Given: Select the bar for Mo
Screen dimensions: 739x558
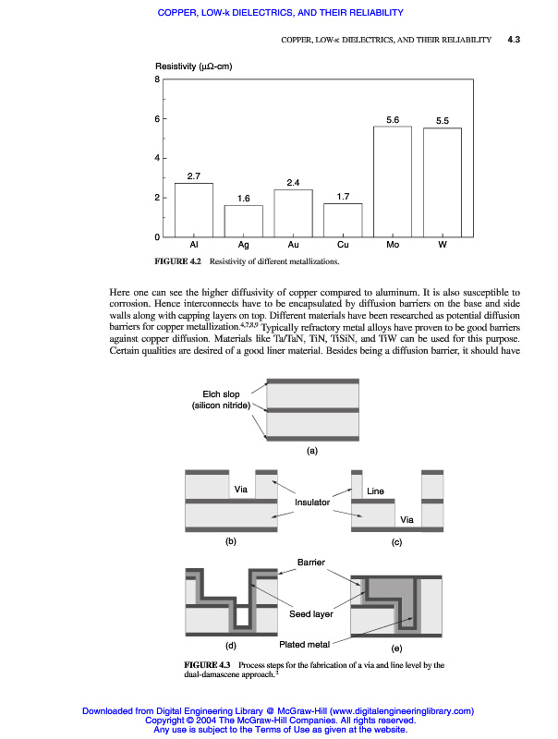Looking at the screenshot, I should tap(392, 181).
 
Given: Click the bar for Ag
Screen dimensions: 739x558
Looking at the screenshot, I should tap(243, 221).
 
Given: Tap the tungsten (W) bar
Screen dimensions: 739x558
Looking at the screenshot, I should tap(442, 182).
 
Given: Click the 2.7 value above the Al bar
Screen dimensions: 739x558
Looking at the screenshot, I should tap(194, 176).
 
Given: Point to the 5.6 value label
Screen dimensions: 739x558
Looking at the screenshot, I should tap(392, 119).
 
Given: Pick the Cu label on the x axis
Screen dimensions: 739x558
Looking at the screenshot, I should tap(343, 246).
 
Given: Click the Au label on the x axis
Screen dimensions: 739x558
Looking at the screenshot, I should tap(293, 246).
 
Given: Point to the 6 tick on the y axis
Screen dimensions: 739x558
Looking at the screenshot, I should tap(158, 119).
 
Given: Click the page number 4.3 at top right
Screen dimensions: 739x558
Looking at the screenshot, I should tap(515, 40).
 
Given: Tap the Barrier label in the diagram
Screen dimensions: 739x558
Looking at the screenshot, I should tap(310, 563).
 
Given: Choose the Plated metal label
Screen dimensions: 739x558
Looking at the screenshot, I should tap(305, 644).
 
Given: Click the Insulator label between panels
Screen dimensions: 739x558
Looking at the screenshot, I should tap(312, 503).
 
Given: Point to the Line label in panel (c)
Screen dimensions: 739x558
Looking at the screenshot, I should tap(375, 491).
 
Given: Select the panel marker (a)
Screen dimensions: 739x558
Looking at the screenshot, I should tap(312, 451).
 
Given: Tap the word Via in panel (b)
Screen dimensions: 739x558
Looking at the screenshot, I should tap(241, 488).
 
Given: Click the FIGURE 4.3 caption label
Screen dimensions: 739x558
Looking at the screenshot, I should tap(207, 665).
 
